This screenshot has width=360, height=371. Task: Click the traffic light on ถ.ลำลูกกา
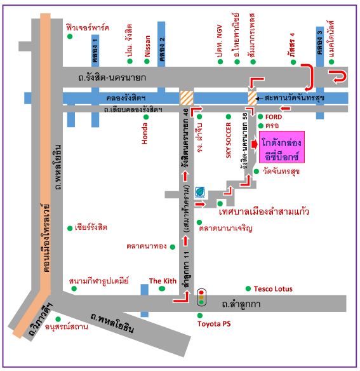[x=201, y=297]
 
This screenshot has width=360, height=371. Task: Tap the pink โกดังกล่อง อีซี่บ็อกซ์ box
[x=282, y=147]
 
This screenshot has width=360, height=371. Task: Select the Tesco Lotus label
[x=273, y=289]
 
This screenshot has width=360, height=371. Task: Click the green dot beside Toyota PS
[x=200, y=315]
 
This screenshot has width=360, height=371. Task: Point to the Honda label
[x=145, y=133]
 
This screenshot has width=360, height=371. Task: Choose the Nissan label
[x=147, y=46]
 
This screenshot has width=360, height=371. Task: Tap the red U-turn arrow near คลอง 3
[x=338, y=76]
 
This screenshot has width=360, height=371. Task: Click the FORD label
[x=274, y=117]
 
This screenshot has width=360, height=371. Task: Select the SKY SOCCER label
[x=228, y=140]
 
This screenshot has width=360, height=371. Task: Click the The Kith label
[x=163, y=281]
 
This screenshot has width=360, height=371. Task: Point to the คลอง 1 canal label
[x=95, y=51]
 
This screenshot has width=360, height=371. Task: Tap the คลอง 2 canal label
[x=161, y=50]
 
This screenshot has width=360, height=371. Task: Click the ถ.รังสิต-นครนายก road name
[x=112, y=78]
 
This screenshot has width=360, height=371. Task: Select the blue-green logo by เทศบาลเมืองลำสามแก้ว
[x=200, y=192]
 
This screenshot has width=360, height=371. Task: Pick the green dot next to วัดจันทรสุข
[x=257, y=172]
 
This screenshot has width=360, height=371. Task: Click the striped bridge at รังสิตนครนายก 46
[x=187, y=98]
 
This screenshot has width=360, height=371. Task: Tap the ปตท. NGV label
[x=219, y=41]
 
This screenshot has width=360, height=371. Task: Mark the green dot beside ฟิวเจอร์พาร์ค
[x=70, y=36]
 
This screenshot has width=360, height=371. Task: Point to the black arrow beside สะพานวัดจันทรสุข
[x=260, y=98]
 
